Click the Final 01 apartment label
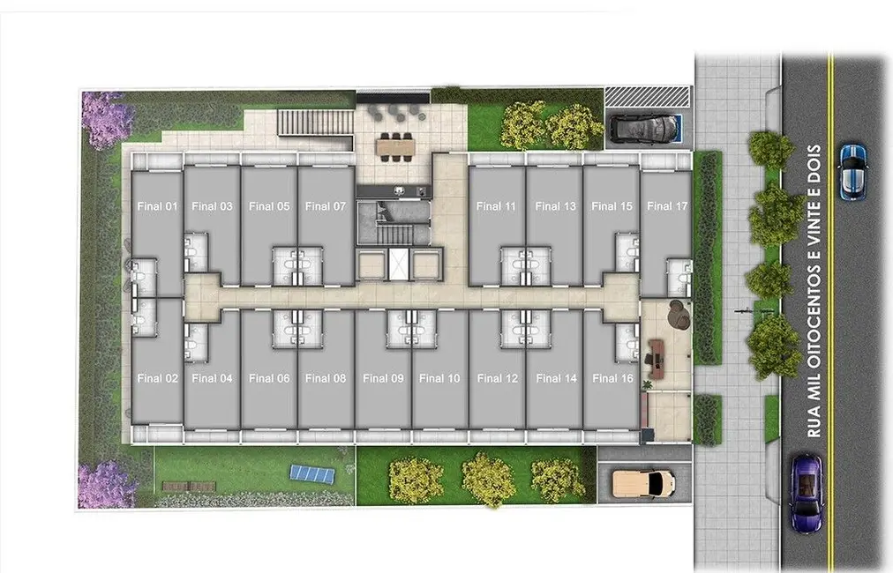tap(158, 206)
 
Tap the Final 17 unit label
tap(666, 206)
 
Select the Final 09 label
tap(383, 378)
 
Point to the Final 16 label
tap(612, 378)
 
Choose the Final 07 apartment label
tap(325, 206)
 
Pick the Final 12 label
tap(498, 378)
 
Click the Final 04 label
tap(212, 378)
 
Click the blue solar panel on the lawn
tap(313, 473)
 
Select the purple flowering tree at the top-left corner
tap(106, 118)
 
